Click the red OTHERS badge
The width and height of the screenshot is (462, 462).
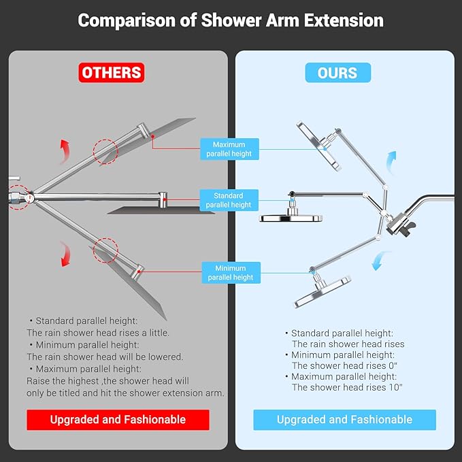pos(112,72)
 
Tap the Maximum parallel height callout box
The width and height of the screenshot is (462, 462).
pos(229,149)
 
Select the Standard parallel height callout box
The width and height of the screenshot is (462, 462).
pos(229,200)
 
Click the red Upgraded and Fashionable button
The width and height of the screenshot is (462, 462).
pos(118,419)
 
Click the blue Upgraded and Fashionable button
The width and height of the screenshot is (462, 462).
pos(344,419)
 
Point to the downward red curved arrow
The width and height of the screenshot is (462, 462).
pos(65,254)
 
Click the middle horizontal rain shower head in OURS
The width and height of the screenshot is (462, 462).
pos(291,217)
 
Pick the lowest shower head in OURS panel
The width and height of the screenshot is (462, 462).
pos(323,291)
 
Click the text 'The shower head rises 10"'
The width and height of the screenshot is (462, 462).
pos(347,387)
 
